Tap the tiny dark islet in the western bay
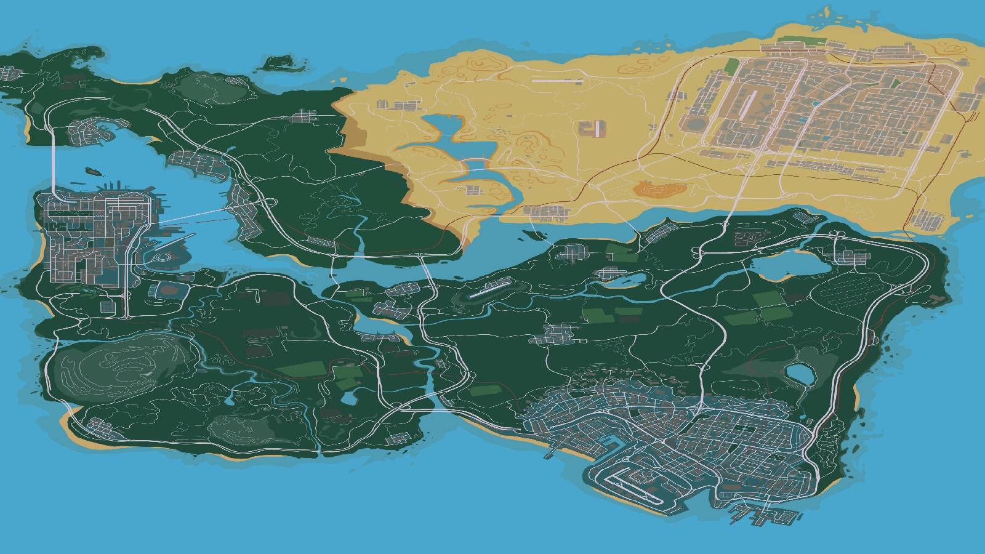[92, 171]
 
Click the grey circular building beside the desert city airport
[696, 122]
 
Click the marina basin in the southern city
[609, 442]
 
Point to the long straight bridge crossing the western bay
[197, 215]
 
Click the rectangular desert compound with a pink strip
[594, 130]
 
